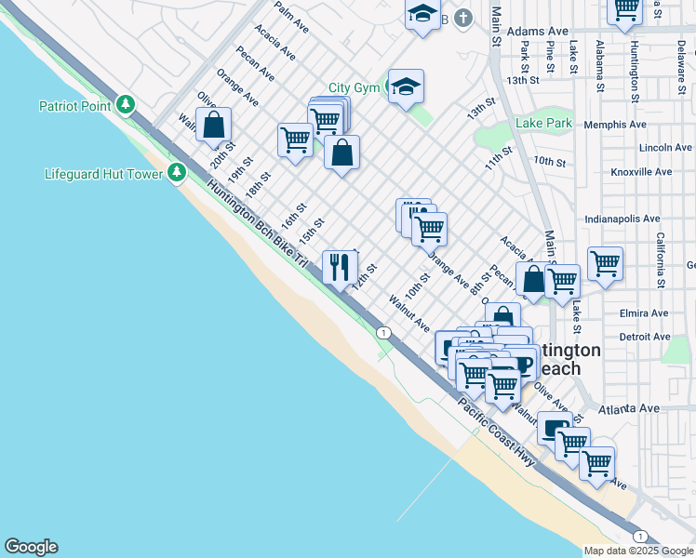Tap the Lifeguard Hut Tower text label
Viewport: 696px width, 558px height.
pos(102,174)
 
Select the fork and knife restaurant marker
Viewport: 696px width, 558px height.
pos(340,267)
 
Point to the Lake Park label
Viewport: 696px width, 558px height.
pos(544,123)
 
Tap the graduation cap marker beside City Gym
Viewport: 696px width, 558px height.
pos(406,87)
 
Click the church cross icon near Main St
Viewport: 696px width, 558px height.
pos(463,18)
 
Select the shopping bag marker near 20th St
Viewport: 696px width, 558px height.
pos(214,125)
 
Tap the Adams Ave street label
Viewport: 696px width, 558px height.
pos(544,31)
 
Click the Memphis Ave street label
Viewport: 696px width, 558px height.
pos(614,124)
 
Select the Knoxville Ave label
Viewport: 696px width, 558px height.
pos(641,172)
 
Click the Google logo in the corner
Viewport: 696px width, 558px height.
pos(31,548)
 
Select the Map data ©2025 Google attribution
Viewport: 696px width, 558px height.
pos(637,551)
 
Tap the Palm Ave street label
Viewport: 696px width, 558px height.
pos(291,18)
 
